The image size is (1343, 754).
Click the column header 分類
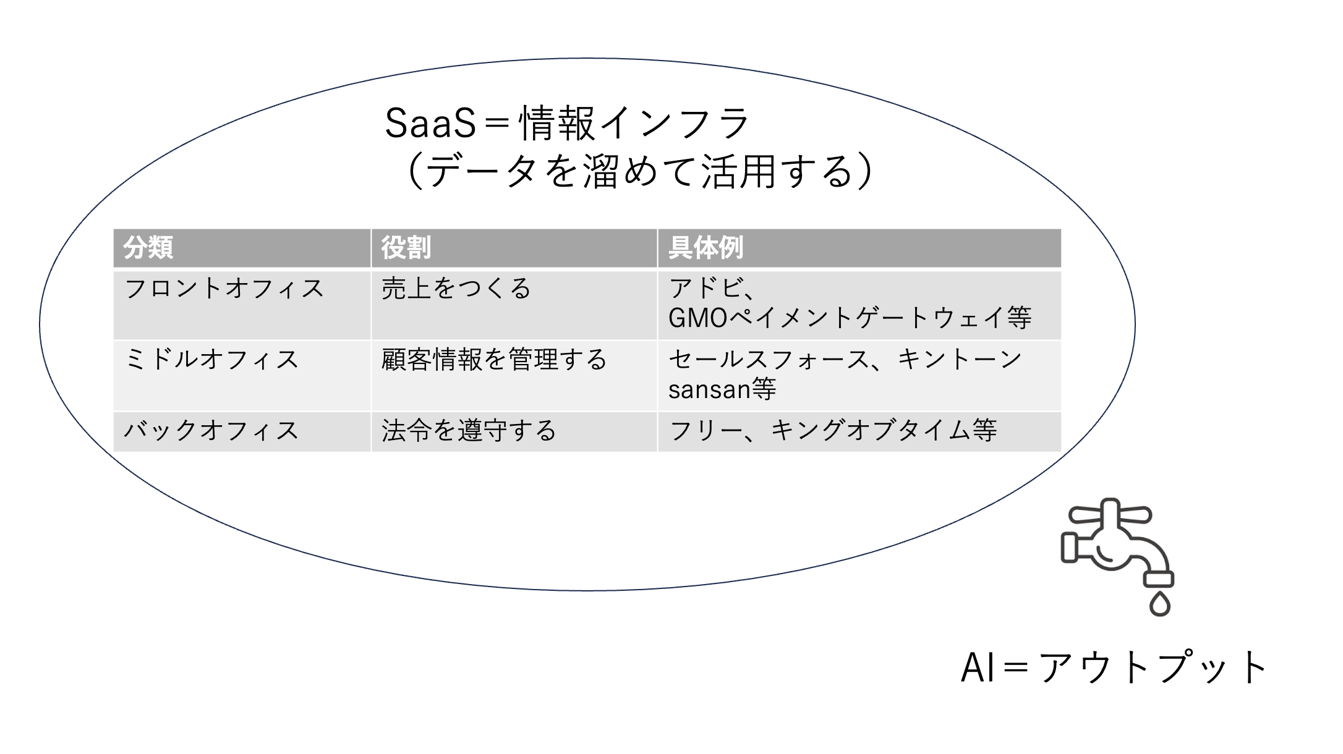(x=148, y=248)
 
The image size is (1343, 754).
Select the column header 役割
(x=406, y=248)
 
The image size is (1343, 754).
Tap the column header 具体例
(x=706, y=248)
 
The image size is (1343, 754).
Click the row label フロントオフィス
(x=224, y=289)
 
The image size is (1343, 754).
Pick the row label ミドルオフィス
(x=211, y=360)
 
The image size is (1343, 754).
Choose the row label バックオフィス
(x=211, y=431)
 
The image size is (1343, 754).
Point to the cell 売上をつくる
(x=456, y=289)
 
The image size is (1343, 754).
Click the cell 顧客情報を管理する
(x=494, y=360)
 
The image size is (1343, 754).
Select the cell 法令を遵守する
(x=469, y=431)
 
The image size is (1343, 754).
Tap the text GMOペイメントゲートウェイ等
(x=850, y=318)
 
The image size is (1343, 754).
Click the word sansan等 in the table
(x=722, y=389)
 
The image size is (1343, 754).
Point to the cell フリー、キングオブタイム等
(x=833, y=431)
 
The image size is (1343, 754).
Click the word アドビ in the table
(x=705, y=289)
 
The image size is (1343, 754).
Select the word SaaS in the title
(x=430, y=123)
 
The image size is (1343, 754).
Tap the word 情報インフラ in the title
(x=634, y=123)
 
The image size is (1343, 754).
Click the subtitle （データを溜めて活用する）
(x=641, y=171)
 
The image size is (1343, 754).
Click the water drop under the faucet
(x=1160, y=604)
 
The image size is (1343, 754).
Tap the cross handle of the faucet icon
(x=1110, y=514)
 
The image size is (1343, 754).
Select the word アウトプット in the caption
(x=1154, y=667)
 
